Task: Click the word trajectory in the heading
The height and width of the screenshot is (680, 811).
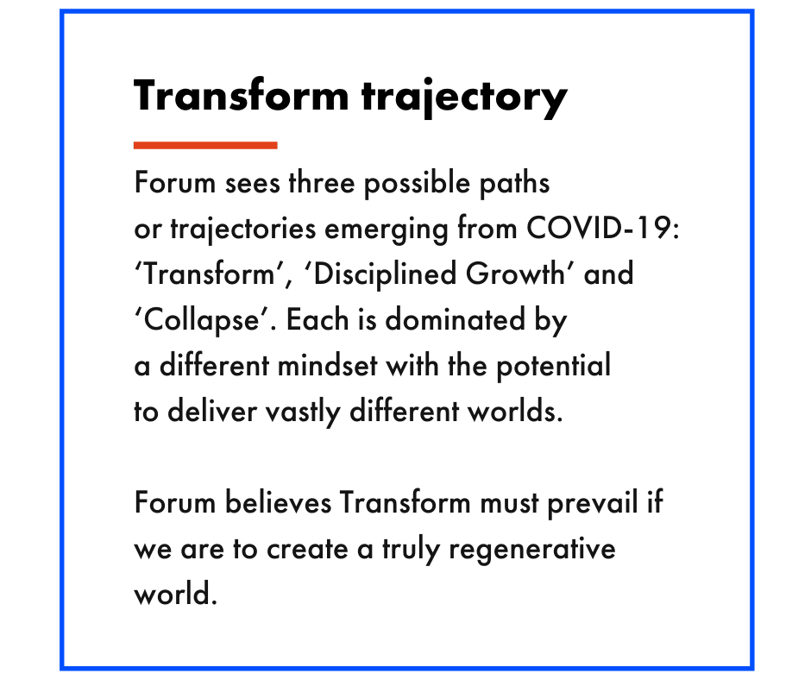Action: (464, 98)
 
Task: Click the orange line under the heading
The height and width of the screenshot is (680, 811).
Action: (205, 146)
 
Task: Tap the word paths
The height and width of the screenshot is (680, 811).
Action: (514, 184)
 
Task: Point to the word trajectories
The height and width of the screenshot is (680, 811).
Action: (242, 230)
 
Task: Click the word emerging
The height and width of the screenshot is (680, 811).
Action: (386, 230)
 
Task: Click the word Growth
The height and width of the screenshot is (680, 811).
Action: (515, 274)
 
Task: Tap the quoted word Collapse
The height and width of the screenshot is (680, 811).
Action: (202, 321)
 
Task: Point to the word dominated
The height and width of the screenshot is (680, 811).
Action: (456, 319)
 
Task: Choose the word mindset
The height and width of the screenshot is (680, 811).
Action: (327, 365)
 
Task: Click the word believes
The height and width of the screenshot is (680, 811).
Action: (279, 502)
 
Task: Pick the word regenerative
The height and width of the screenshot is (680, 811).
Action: (532, 550)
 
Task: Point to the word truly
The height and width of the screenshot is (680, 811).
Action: (411, 550)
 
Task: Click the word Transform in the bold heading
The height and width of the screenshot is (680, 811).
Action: (242, 96)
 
